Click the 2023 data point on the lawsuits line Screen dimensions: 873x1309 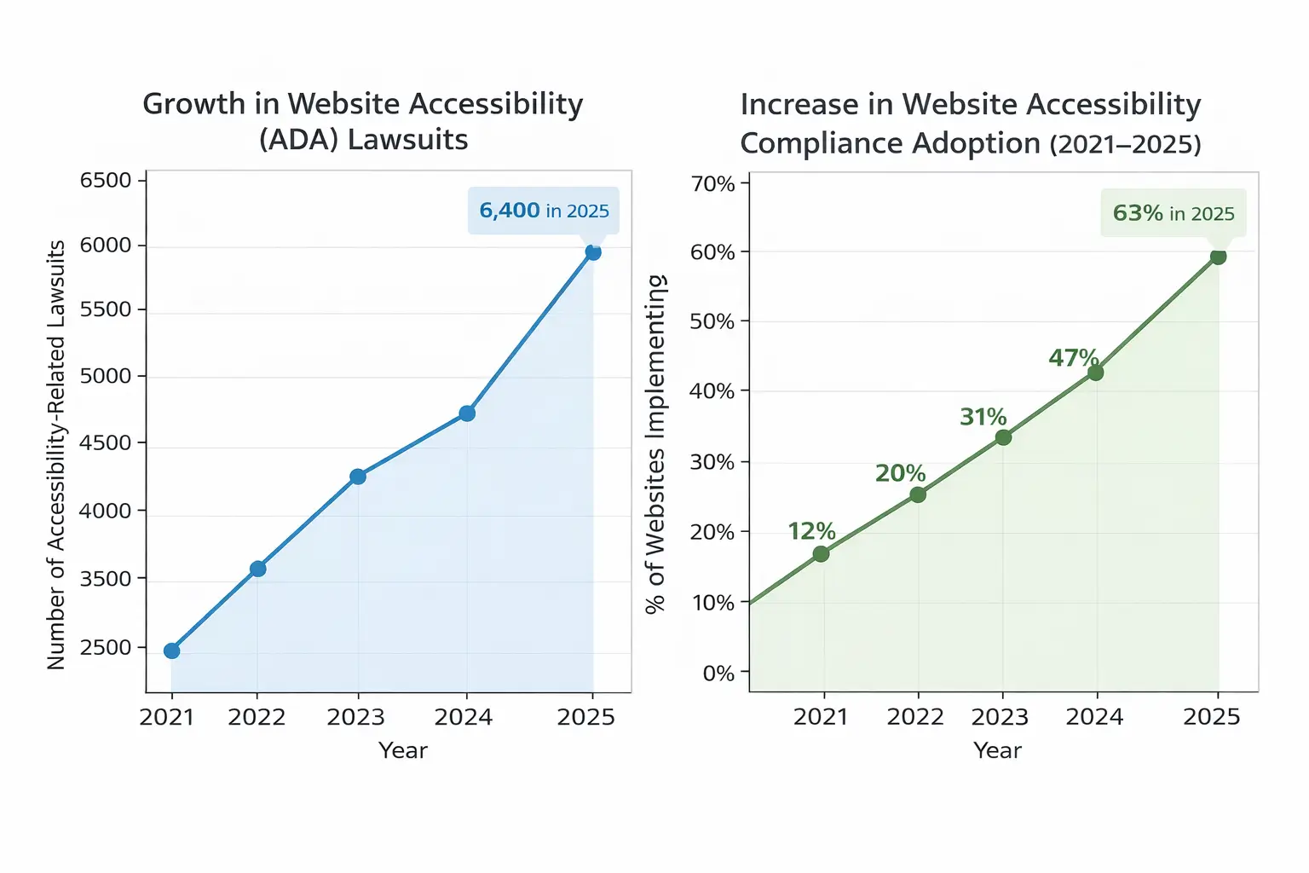tap(358, 477)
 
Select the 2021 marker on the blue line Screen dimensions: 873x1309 tap(171, 650)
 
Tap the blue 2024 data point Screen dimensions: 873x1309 tap(467, 413)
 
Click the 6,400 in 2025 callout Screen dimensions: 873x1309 tap(544, 211)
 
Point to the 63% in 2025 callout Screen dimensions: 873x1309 tap(1173, 213)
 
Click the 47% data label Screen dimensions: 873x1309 tap(1073, 357)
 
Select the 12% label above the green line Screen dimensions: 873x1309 tap(811, 531)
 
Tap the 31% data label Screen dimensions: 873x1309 tap(983, 417)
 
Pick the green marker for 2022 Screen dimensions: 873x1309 tap(918, 494)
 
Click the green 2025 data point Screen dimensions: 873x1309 tap(1218, 257)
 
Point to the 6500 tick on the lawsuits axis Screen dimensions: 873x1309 tap(106, 181)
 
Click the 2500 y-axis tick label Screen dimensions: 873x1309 tap(106, 647)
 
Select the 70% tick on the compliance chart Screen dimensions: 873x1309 tap(713, 184)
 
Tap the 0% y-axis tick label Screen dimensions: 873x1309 tap(718, 674)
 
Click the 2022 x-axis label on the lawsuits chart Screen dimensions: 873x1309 tap(257, 717)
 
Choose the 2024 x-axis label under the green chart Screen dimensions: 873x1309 tap(1094, 717)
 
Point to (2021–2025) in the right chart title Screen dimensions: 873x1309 tap(1125, 144)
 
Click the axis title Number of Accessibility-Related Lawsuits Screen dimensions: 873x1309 tap(56, 454)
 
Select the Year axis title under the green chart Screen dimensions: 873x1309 tap(997, 750)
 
